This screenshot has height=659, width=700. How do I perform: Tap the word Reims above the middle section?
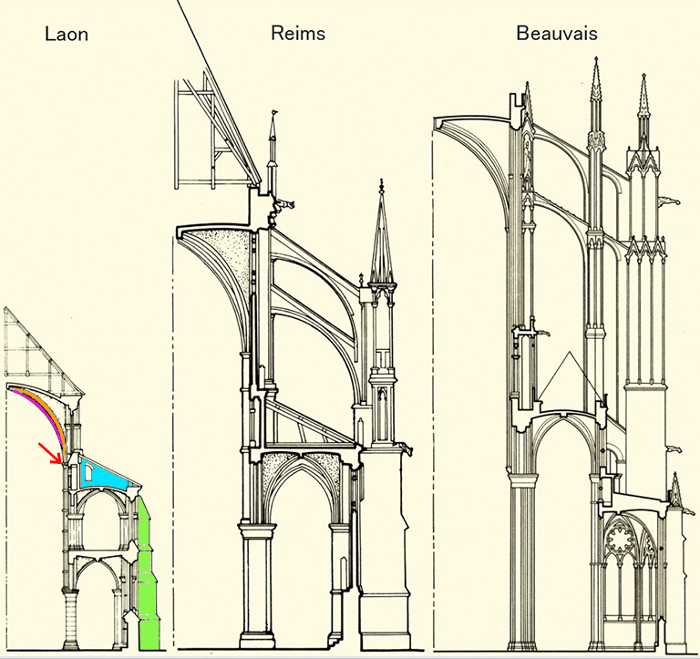coord(298,34)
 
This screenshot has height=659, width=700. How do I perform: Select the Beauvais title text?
coord(557,35)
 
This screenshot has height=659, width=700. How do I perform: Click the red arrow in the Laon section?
coord(51,452)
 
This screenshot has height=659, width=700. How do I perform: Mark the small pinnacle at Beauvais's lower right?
coord(676,492)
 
